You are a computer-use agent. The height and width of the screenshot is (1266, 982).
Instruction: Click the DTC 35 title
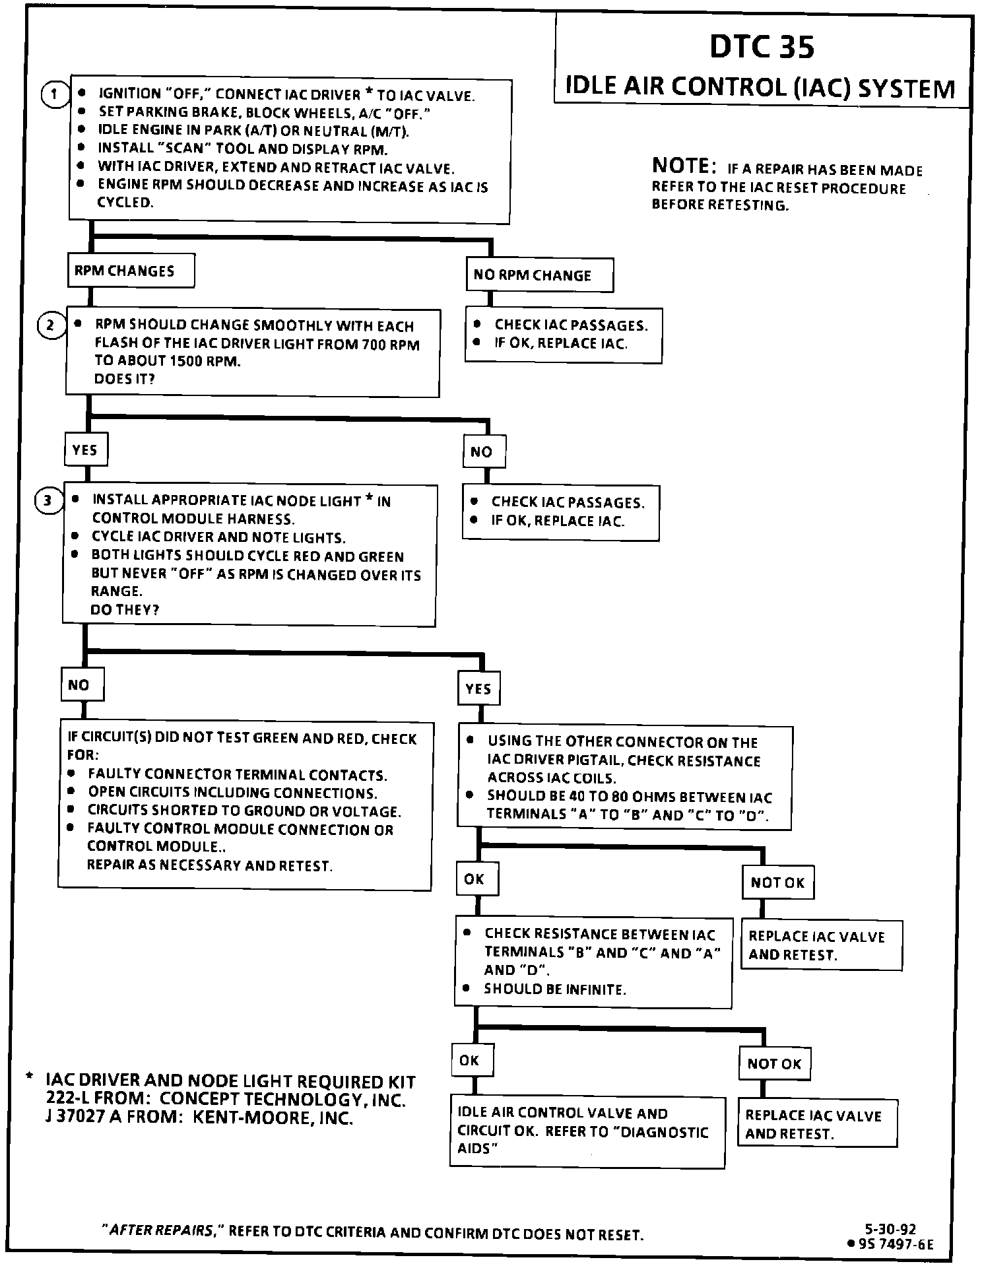pyautogui.click(x=762, y=47)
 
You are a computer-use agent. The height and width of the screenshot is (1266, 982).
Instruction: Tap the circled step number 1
pyautogui.click(x=54, y=94)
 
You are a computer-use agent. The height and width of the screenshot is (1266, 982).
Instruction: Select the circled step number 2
pyautogui.click(x=51, y=325)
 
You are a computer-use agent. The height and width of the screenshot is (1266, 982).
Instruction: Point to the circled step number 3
pyautogui.click(x=48, y=501)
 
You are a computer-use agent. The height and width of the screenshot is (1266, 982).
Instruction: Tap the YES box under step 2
pyautogui.click(x=85, y=450)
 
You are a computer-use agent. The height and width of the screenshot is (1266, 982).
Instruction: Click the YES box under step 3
pyautogui.click(x=478, y=689)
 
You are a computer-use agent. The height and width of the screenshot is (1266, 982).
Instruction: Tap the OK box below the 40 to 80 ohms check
pyautogui.click(x=475, y=879)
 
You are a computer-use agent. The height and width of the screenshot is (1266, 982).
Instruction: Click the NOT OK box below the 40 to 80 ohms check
pyautogui.click(x=777, y=883)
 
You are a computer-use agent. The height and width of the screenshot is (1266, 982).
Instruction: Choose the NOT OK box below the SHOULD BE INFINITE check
pyautogui.click(x=774, y=1064)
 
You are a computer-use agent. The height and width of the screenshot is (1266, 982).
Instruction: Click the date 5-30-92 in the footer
pyautogui.click(x=890, y=1229)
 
